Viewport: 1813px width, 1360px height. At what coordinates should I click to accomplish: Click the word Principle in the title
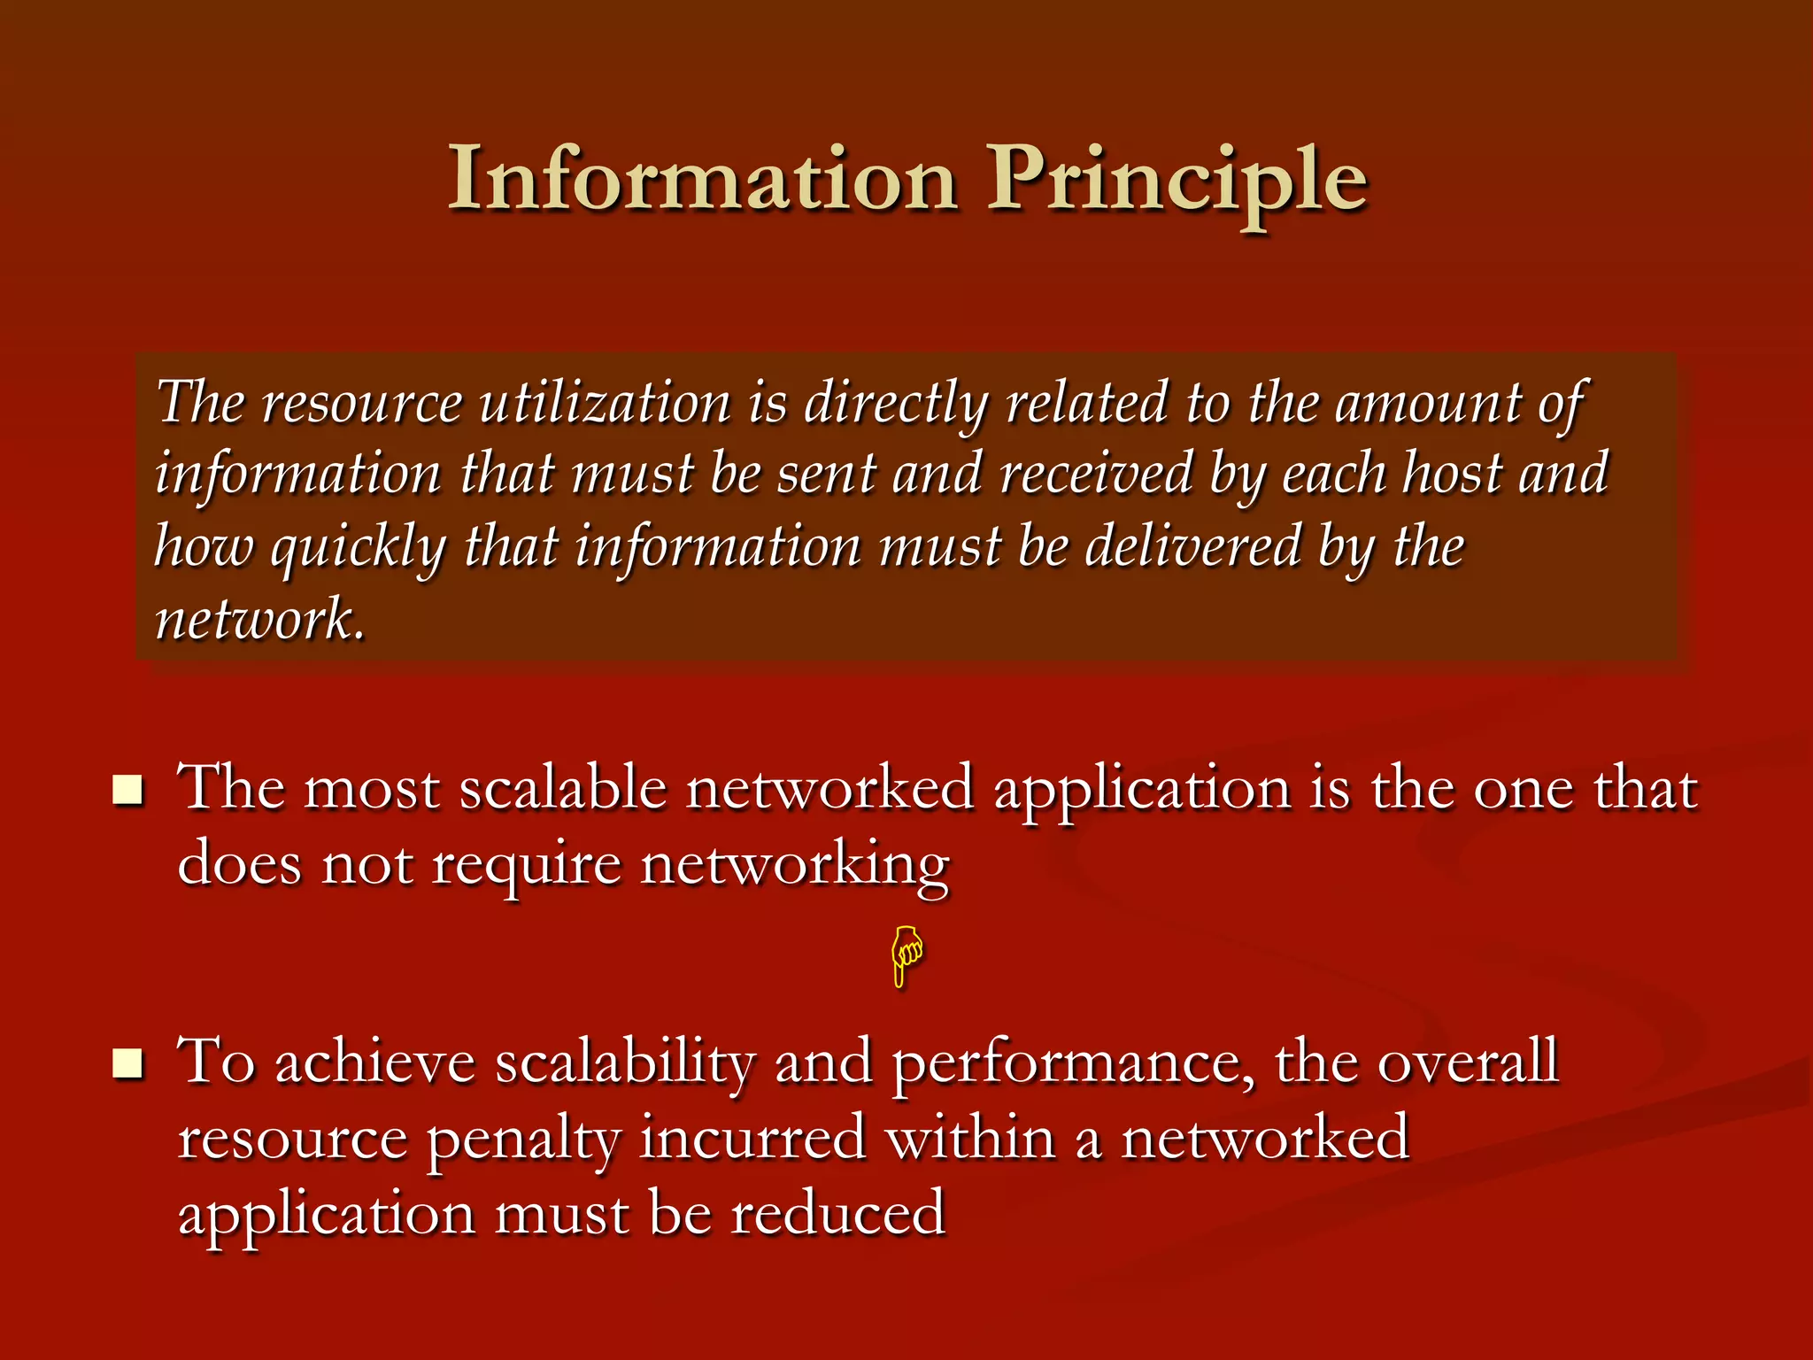(x=1177, y=182)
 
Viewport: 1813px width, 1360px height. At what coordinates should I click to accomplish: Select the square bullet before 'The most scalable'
(x=128, y=789)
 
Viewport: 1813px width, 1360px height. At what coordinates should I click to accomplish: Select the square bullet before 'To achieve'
(x=128, y=1063)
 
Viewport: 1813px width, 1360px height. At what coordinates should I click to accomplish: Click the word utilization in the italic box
(x=605, y=403)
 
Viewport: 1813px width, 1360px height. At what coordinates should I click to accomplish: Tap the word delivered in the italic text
(x=1193, y=546)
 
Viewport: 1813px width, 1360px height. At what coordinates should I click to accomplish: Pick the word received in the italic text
(x=1096, y=474)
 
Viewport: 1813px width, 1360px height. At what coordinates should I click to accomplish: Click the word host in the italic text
(x=1453, y=474)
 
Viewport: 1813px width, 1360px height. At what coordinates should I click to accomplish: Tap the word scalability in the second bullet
(x=625, y=1062)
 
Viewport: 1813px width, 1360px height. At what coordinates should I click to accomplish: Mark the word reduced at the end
(x=838, y=1214)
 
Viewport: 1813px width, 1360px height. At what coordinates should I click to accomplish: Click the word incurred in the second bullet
(x=752, y=1139)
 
